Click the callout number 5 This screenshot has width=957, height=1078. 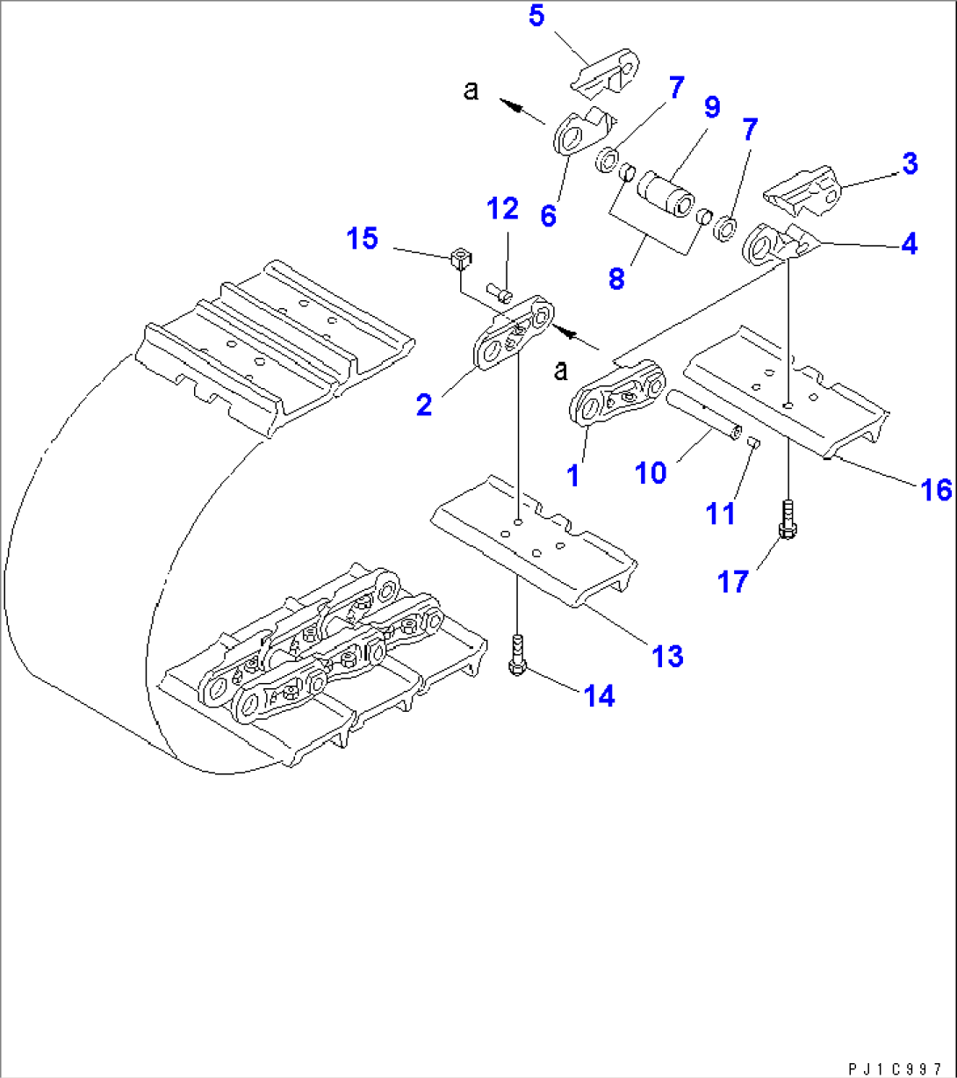coord(536,17)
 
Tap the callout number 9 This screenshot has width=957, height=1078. coord(711,108)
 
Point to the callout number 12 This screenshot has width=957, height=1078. coord(503,209)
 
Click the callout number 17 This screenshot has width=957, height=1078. coord(734,580)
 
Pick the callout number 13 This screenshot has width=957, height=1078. coord(668,655)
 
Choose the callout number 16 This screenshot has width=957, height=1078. coord(937,490)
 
